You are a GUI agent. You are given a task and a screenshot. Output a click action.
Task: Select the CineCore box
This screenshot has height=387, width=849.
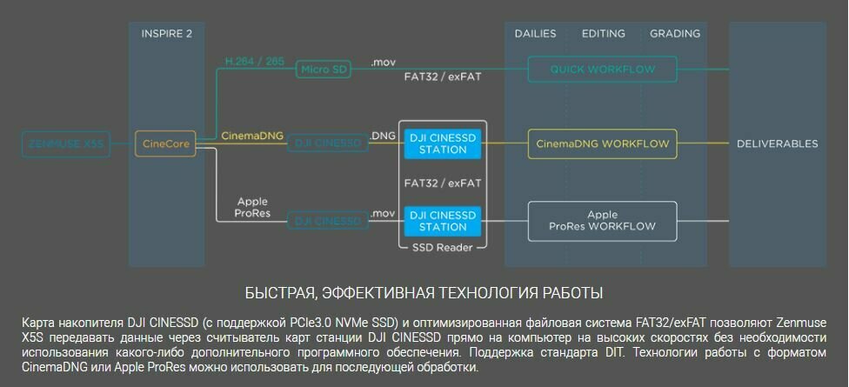165,143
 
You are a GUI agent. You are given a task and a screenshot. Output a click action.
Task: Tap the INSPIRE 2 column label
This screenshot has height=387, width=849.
166,34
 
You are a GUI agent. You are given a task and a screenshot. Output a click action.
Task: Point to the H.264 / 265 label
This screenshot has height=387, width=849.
254,62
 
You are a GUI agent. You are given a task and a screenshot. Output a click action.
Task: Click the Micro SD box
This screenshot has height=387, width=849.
324,69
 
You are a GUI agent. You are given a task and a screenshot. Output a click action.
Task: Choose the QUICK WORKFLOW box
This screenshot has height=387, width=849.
602,69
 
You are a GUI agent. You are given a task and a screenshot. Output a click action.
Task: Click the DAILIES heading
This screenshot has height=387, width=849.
535,34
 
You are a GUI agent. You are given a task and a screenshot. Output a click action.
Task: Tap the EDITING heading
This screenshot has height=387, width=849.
603,34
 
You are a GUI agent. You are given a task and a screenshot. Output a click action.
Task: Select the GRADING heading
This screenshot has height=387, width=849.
674,34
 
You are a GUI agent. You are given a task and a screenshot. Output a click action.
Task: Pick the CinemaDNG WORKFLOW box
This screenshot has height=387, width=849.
602,143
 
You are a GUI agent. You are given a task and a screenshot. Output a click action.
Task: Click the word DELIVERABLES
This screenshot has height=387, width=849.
777,143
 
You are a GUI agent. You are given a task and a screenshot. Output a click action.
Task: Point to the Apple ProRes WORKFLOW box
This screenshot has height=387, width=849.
602,220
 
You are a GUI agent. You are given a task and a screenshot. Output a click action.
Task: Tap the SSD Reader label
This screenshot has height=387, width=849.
443,248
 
